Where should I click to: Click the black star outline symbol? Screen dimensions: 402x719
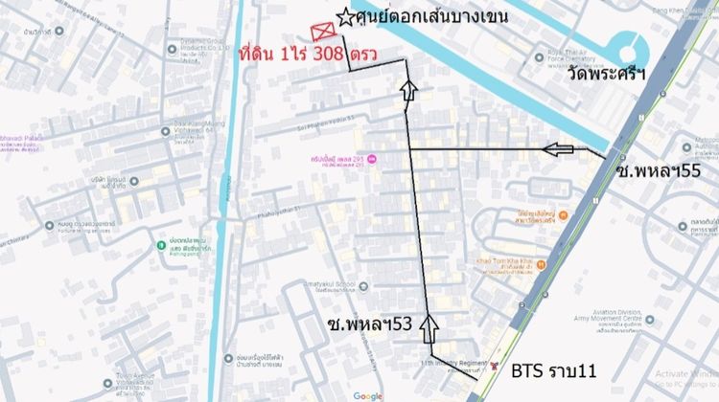[344, 18]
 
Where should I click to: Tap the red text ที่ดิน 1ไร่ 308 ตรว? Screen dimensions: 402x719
[297, 56]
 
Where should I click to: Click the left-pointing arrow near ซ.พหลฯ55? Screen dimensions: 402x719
[559, 148]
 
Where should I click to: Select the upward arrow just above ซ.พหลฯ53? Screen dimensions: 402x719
[429, 326]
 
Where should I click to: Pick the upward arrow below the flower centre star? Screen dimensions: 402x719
[409, 91]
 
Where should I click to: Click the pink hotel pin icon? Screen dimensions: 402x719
[372, 159]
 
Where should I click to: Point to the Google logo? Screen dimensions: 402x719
[367, 395]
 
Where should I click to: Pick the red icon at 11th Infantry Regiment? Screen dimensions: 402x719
[494, 366]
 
